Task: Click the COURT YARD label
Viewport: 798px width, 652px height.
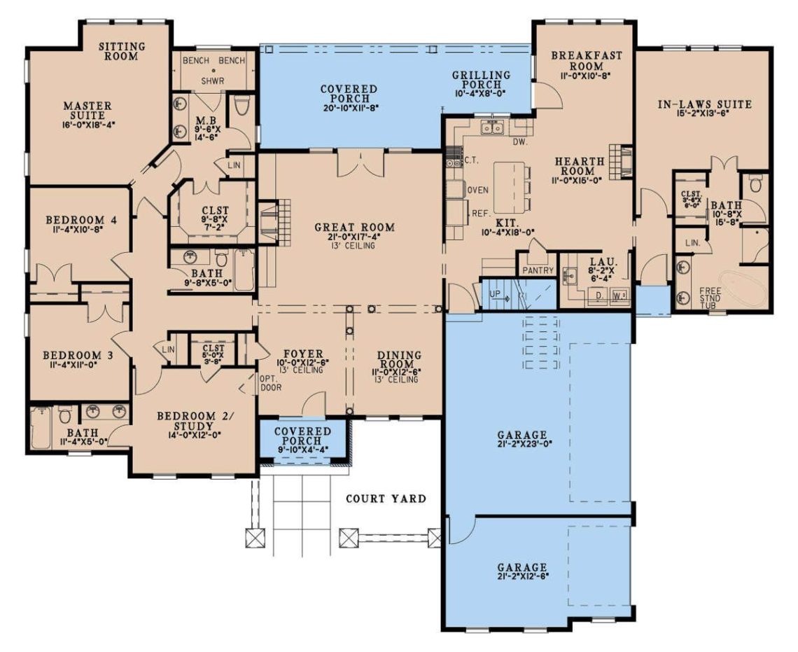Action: (x=386, y=499)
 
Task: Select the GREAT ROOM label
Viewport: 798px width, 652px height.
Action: (x=354, y=228)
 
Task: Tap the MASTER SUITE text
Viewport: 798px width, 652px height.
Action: (x=87, y=111)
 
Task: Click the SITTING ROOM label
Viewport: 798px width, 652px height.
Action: (x=122, y=51)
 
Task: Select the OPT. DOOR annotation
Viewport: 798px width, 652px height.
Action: (x=269, y=382)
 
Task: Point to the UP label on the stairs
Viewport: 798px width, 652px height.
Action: (x=494, y=294)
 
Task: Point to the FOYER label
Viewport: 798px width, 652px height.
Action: (x=303, y=354)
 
